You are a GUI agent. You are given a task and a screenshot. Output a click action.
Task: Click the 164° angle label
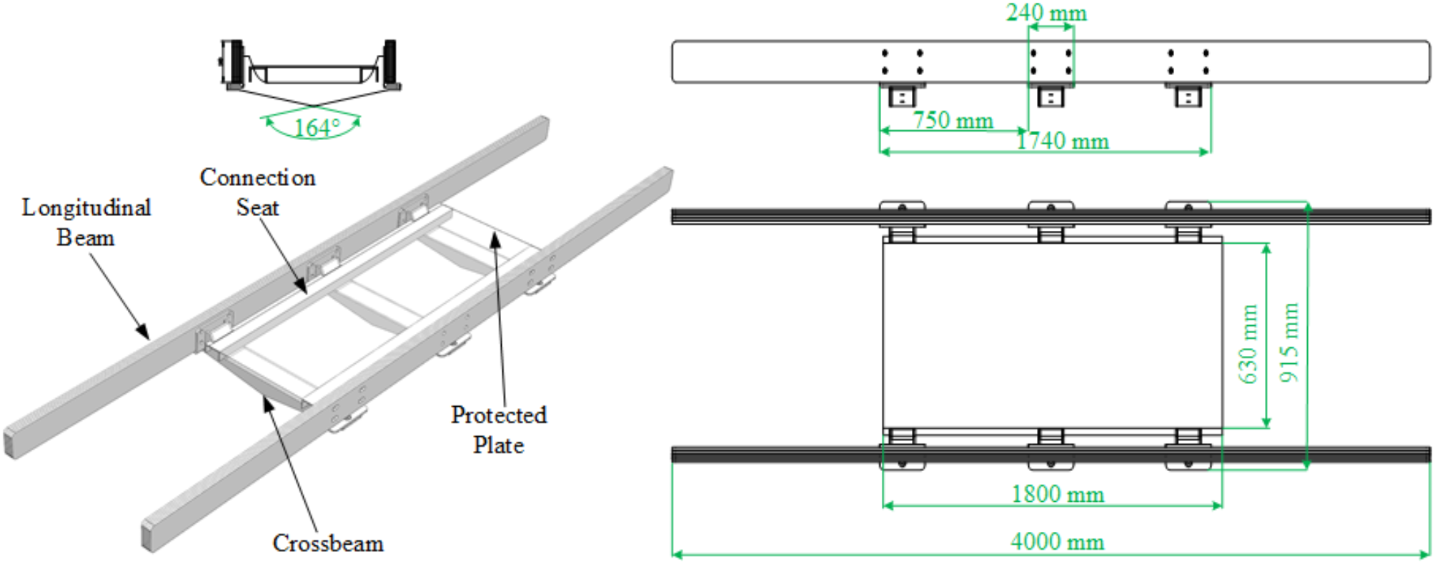tap(317, 128)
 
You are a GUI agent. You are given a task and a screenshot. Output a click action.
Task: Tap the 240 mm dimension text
tap(1046, 13)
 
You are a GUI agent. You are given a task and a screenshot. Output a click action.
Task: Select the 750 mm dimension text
tap(953, 120)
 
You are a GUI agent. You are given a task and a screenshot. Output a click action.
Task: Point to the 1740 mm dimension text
tap(1063, 141)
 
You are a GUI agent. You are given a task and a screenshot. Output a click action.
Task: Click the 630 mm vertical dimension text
tap(1248, 344)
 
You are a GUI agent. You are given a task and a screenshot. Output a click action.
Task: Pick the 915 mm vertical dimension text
tap(1288, 342)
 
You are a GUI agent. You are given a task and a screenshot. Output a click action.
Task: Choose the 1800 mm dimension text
tap(1058, 494)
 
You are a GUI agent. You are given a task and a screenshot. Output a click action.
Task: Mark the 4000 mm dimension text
tap(1058, 541)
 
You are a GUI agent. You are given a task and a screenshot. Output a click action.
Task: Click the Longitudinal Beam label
tap(86, 222)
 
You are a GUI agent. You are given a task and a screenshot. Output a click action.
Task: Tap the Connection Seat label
tap(257, 192)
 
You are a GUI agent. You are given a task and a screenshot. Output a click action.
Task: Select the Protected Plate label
tap(498, 430)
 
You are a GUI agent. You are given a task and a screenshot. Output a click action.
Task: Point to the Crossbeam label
tap(328, 543)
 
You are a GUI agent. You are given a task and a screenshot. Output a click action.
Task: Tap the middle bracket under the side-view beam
tap(1050, 96)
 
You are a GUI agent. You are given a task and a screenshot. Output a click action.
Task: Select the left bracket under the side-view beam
tap(902, 96)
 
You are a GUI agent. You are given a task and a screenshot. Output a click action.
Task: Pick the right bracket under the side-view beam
tap(1188, 96)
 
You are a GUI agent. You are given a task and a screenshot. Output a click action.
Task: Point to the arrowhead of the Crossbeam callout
tap(267, 401)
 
